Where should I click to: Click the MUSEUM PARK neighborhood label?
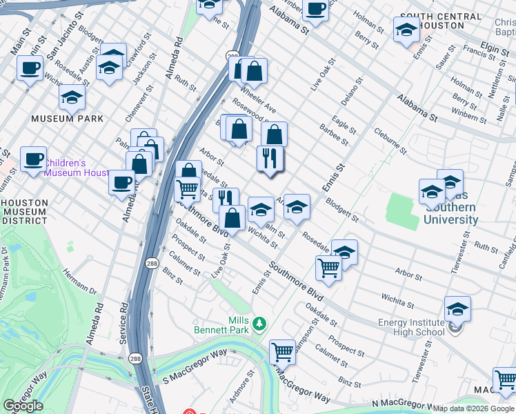(67, 119)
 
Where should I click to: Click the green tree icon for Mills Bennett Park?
(259, 323)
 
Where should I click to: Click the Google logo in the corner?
(23, 406)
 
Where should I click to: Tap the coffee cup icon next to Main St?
(30, 68)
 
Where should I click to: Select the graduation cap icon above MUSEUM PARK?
(72, 98)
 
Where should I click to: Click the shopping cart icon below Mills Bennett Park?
(282, 352)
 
